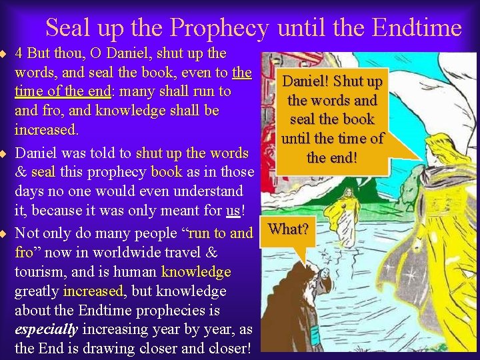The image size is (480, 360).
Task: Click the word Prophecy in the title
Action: point(219,28)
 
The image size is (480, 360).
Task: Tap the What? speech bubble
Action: point(288,230)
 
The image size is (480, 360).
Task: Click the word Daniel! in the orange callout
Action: point(307,81)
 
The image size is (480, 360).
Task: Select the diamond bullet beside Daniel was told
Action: point(3,153)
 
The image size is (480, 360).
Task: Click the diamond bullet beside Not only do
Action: point(3,233)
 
